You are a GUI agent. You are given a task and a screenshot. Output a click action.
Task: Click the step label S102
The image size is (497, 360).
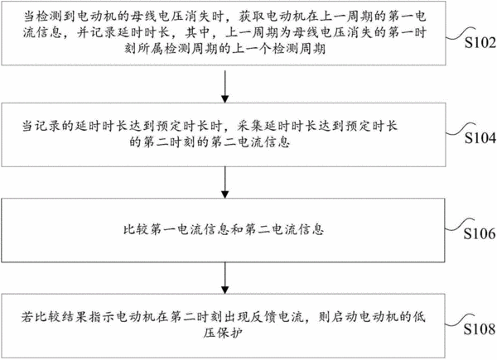point(480,42)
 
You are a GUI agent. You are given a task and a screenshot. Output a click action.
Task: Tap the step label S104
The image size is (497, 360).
point(480,137)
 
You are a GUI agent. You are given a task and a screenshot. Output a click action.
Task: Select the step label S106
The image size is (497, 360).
point(480,233)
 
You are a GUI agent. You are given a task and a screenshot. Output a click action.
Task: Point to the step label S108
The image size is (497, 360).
point(480,329)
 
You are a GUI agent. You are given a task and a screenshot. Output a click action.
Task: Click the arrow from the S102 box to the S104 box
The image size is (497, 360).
point(224,86)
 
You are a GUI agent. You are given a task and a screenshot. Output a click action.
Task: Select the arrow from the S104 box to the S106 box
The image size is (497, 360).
point(224,182)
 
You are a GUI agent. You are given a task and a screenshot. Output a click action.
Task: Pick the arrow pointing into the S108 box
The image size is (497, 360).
point(224,278)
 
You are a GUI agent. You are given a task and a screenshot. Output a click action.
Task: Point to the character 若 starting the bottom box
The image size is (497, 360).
point(28,317)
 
